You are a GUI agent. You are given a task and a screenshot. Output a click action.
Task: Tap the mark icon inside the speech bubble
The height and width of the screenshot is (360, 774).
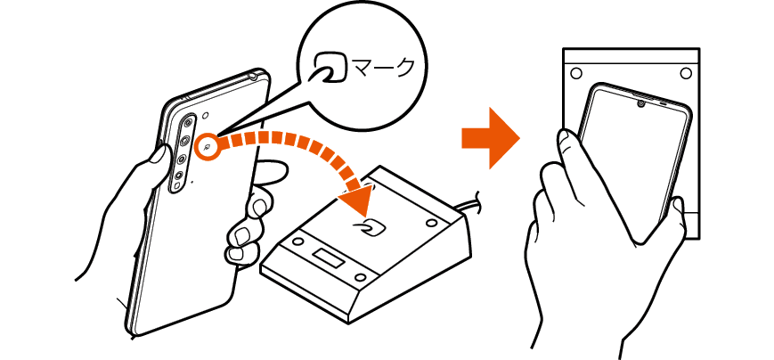[x=330, y=67]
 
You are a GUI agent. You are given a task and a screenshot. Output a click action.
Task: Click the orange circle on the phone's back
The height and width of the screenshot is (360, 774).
[x=208, y=147]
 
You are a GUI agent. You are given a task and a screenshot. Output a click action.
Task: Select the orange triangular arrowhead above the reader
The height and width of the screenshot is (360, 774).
[x=357, y=199]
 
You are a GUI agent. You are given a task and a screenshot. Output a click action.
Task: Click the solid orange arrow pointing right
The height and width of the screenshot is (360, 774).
[x=491, y=138]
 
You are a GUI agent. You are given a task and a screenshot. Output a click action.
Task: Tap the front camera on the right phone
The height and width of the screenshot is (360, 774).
[x=640, y=104]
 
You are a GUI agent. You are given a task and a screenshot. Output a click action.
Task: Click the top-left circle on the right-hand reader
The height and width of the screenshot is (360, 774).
[x=575, y=74]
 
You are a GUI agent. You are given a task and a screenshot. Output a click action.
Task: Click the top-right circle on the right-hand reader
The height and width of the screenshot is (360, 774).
[x=686, y=74]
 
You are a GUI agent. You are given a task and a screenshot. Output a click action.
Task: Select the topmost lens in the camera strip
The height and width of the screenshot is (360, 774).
[x=188, y=121]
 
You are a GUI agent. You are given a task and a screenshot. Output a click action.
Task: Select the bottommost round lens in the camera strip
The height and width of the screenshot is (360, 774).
[x=180, y=175]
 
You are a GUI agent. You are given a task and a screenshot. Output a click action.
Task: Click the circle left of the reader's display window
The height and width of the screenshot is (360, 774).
[x=297, y=241]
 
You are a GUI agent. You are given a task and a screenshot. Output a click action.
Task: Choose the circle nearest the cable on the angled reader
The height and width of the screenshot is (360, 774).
[x=431, y=223]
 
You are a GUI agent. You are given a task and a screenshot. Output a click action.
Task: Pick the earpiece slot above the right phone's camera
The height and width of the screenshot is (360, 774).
[x=663, y=104]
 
